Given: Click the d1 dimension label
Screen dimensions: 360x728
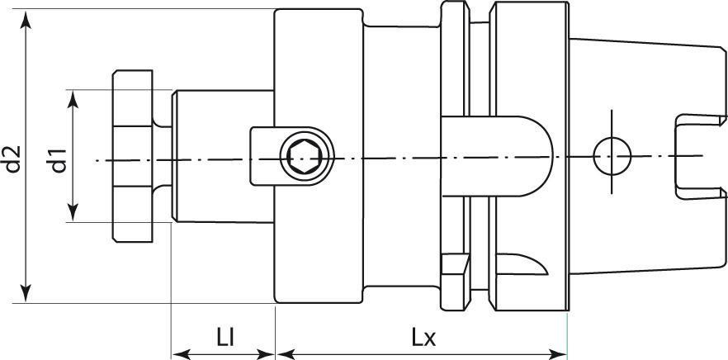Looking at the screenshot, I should (57, 158).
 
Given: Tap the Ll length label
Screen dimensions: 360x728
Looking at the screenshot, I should (224, 337).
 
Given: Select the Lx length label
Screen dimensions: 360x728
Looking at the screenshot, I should (424, 337).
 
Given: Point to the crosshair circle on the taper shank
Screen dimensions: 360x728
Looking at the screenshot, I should (612, 154).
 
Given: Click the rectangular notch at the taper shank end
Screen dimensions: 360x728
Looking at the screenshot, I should (692, 157).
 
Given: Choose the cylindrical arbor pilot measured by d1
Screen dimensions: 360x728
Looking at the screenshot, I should (221, 155).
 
